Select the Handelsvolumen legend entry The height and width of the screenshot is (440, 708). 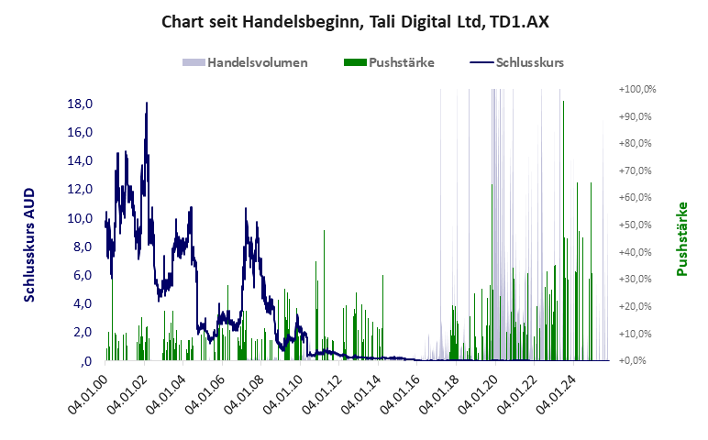click(256, 62)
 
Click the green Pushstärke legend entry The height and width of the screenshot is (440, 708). click(401, 62)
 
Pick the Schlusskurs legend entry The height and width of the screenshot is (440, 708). click(529, 62)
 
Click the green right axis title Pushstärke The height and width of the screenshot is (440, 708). click(682, 238)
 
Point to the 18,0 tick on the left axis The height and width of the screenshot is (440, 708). click(80, 104)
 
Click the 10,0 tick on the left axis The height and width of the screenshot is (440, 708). click(80, 218)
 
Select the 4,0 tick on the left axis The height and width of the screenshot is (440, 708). click(83, 303)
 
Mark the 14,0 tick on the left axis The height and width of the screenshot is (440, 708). click(80, 160)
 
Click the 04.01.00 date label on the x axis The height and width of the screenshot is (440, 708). click(89, 395)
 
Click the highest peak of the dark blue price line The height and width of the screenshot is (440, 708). click(147, 104)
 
